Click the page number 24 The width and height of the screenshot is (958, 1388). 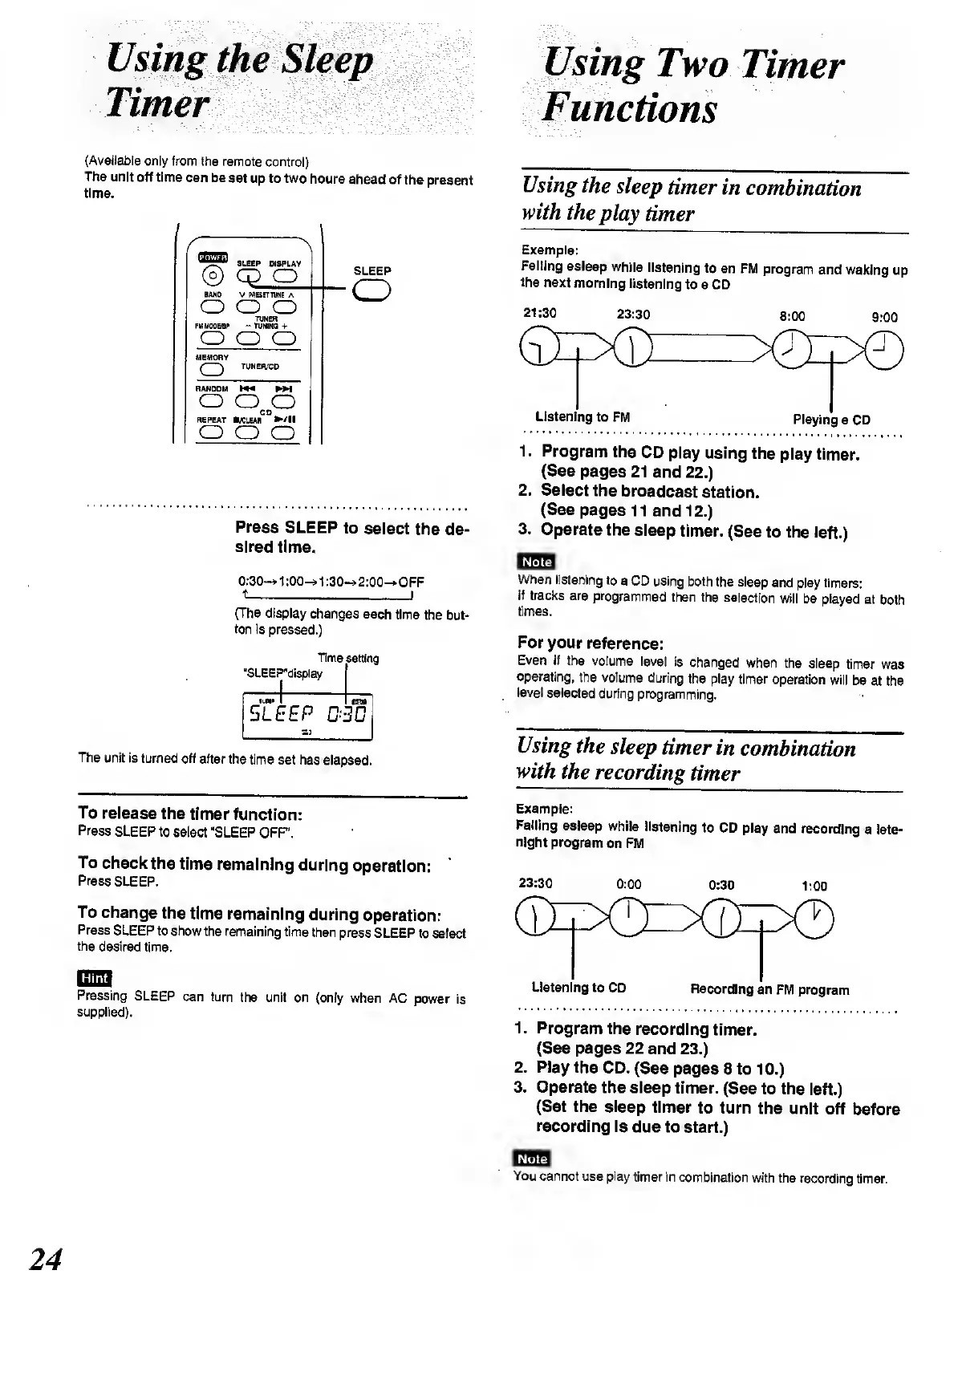pos(45,1259)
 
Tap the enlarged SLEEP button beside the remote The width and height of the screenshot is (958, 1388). pos(371,290)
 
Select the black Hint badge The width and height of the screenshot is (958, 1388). pos(94,978)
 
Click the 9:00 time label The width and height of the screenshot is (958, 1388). pos(884,317)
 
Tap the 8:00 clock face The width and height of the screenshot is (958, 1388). pos(790,347)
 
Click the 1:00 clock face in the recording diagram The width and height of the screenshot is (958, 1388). pos(814,918)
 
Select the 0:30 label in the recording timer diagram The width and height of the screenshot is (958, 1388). pos(722,885)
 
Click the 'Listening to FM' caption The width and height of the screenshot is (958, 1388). pos(583,417)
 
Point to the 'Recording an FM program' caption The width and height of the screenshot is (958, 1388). pos(769,990)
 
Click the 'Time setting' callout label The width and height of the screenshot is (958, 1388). pos(348,659)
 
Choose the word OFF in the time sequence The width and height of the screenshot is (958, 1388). pos(411,582)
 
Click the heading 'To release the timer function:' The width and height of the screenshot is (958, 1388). pos(190,814)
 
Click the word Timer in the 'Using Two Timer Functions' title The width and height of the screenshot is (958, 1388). pos(792,65)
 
